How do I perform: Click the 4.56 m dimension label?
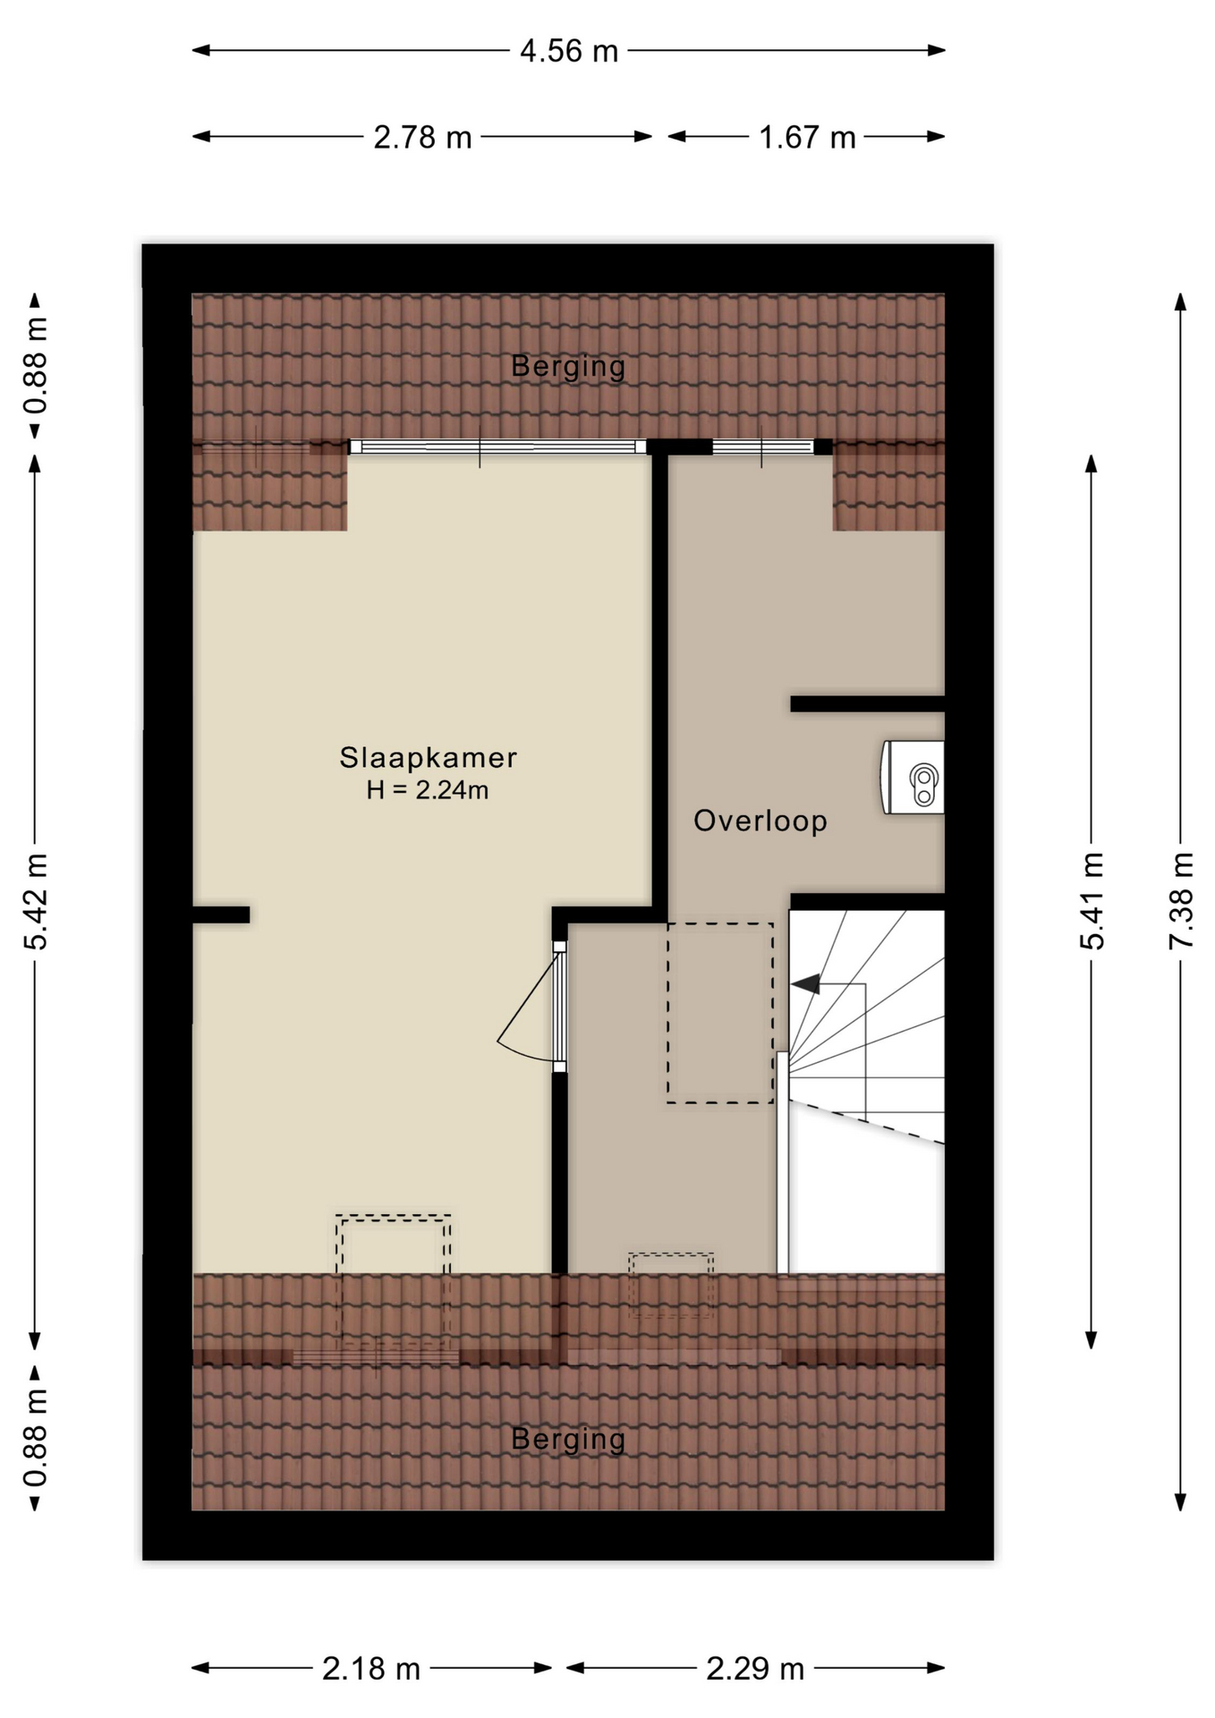pyautogui.click(x=569, y=51)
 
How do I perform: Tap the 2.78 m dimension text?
pyautogui.click(x=422, y=137)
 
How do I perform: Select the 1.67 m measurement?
pyautogui.click(x=807, y=137)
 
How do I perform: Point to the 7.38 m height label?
pyautogui.click(x=1181, y=901)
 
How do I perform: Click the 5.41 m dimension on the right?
pyautogui.click(x=1092, y=901)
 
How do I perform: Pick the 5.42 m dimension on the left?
pyautogui.click(x=36, y=901)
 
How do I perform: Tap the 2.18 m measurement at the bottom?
pyautogui.click(x=371, y=1669)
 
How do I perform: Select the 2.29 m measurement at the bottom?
pyautogui.click(x=755, y=1669)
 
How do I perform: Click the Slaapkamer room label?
pyautogui.click(x=428, y=758)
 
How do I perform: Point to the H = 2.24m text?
pyautogui.click(x=428, y=790)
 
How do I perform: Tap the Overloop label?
pyautogui.click(x=760, y=821)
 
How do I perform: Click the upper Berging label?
pyautogui.click(x=568, y=366)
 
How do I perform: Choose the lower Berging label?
pyautogui.click(x=568, y=1439)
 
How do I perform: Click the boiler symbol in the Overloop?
pyautogui.click(x=913, y=777)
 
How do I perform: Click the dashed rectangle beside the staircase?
pyautogui.click(x=720, y=1013)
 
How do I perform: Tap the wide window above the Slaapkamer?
pyautogui.click(x=497, y=447)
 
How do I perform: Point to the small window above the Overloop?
pyautogui.click(x=763, y=447)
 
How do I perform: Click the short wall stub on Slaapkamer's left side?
pyautogui.click(x=221, y=914)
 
